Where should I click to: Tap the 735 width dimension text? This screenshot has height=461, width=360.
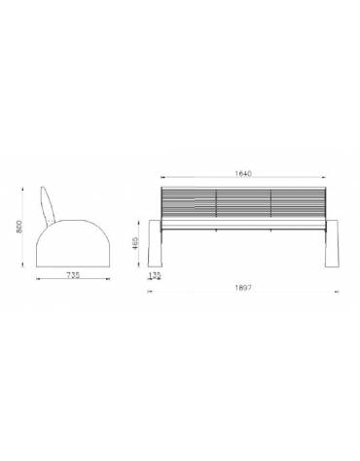point(73,275)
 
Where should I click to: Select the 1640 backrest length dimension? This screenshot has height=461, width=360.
point(243,174)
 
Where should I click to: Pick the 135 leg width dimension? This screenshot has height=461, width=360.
point(155,275)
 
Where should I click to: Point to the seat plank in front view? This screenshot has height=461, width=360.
point(243,225)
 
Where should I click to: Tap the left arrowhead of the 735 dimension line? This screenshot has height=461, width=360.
point(36,281)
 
